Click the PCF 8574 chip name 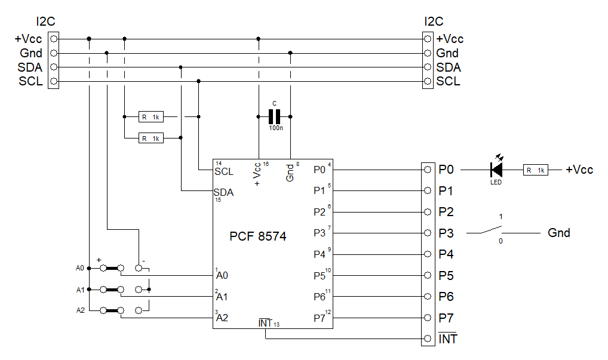coord(258,236)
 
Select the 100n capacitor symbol coord(275,116)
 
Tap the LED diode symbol coord(496,170)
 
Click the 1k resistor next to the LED coord(535,170)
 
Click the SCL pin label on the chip coord(224,171)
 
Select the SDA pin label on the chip coord(224,193)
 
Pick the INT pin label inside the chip coord(265,323)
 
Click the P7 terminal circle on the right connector coord(428,318)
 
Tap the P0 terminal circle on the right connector coord(428,170)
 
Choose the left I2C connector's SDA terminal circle coord(54,67)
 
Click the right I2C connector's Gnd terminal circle coord(428,53)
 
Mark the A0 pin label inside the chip coord(222,275)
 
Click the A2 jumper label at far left coord(81,310)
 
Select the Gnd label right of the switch coord(559,233)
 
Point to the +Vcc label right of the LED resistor coord(579,170)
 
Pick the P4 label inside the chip coord(320,254)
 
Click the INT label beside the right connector coord(448,339)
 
